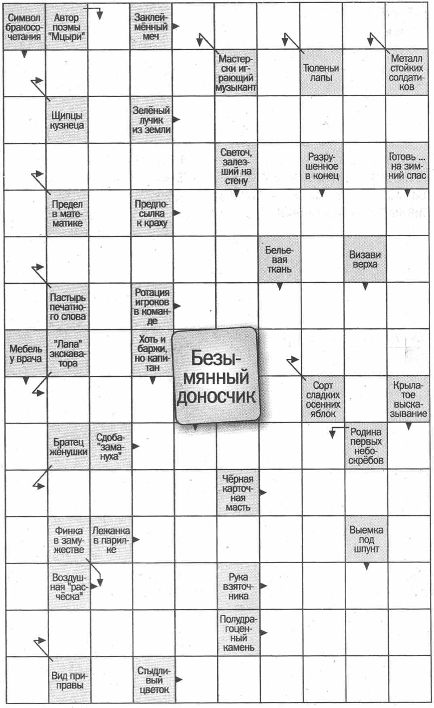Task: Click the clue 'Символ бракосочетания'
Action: point(24,27)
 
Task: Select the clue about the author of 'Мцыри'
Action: point(66,27)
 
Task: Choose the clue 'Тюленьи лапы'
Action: point(321,73)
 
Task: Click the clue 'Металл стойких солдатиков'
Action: point(406,73)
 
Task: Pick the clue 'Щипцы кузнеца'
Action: point(67,120)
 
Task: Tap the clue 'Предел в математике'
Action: point(67,213)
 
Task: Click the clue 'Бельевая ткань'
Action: point(279,259)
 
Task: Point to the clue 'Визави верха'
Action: point(364,259)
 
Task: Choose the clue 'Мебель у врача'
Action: point(25,353)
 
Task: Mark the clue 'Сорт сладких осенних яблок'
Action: point(322,399)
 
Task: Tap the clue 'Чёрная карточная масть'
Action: point(237,493)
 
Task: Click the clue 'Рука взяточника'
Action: point(238,586)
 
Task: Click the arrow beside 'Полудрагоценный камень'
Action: point(264,632)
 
